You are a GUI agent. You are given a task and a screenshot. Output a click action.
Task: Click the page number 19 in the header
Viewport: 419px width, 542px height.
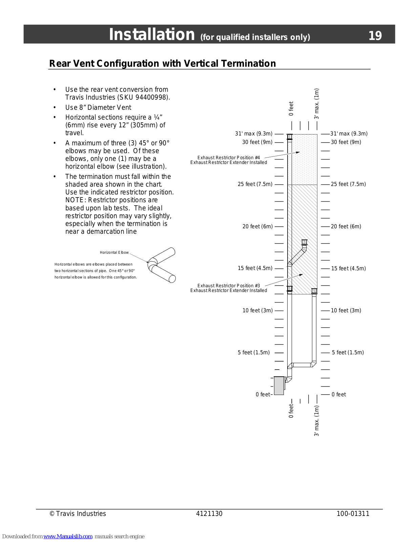375,36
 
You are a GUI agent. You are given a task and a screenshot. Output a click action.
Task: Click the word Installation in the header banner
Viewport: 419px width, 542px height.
152,35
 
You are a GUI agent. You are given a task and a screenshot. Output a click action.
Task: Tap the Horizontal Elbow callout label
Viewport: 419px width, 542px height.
114,252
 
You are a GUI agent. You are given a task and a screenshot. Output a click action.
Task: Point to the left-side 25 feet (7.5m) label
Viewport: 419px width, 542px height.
255,184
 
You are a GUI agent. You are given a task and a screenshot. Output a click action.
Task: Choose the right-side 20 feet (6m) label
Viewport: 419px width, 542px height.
346,227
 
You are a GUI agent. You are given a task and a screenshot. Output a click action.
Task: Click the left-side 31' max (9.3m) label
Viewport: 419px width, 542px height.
254,134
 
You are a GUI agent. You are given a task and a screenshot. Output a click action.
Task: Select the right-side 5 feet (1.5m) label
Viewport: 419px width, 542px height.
348,353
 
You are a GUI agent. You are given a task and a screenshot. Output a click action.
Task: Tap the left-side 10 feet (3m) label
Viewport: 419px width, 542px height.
257,311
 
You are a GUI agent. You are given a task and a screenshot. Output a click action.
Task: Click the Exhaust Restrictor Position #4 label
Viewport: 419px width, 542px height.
229,158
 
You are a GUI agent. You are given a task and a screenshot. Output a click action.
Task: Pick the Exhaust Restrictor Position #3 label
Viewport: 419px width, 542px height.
229,286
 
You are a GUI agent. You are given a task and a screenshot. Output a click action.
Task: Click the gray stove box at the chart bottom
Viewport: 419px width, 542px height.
279,385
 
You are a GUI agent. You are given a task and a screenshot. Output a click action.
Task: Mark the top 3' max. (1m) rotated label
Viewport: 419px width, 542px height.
317,104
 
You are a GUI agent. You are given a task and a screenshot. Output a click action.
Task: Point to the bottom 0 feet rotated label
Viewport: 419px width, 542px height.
291,410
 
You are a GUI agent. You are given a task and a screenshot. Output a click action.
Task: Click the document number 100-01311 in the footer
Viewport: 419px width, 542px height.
353,514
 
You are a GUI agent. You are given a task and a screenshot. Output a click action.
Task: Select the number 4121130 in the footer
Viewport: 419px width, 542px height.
209,514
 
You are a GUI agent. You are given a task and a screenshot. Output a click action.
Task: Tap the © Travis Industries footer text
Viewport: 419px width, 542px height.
78,514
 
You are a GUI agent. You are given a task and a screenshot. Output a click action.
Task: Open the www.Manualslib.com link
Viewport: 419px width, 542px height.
68,537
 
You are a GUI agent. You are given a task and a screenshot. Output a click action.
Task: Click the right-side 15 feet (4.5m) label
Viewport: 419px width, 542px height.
348,269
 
